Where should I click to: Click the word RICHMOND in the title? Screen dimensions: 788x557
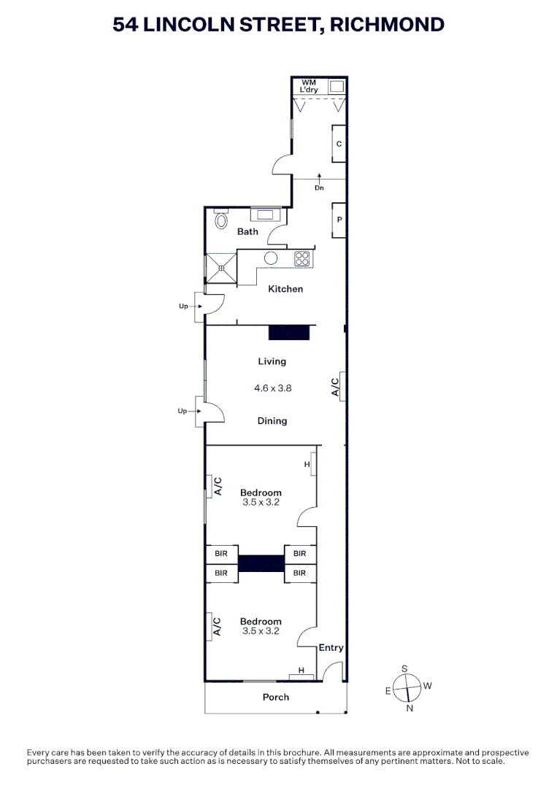pos(387,24)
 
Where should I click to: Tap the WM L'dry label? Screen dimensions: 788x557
pos(309,85)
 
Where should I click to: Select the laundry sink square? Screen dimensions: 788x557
pos(337,86)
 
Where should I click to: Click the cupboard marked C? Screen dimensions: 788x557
pos(339,144)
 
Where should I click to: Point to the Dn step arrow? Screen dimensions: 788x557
pos(319,179)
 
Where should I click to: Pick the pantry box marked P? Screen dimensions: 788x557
pos(339,220)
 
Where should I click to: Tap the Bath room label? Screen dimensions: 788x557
pos(247,232)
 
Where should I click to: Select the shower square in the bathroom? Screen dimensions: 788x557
pos(221,268)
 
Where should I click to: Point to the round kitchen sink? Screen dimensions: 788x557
pos(272,258)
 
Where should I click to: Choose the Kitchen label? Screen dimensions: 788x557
pos(285,289)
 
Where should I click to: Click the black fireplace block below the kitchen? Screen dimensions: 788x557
pos(289,333)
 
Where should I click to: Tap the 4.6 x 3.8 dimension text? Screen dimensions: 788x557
pos(272,389)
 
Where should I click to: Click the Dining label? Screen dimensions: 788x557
pos(272,421)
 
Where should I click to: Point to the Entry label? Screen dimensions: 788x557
pos(331,648)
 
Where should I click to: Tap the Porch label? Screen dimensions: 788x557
pos(276,698)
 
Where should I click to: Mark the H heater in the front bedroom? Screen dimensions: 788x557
pos(301,671)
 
